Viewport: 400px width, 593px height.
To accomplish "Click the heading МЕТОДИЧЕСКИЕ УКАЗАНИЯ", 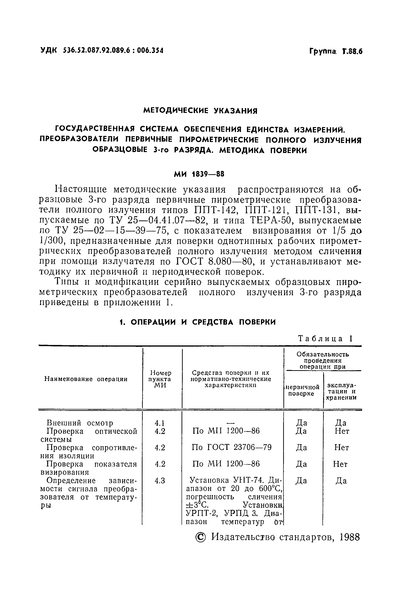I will tap(200, 111).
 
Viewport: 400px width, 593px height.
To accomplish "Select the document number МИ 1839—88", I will tap(199, 174).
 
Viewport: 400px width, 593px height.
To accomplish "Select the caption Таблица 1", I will tap(325, 339).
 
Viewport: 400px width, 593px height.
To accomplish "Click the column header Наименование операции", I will tap(86, 379).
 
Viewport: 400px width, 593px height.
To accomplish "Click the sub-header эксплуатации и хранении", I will tap(341, 391).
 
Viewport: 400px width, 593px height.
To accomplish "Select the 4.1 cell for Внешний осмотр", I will tap(160, 423).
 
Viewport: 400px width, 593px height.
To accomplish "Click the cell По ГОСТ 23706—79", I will tap(232, 447).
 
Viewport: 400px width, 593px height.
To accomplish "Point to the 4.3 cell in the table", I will tap(160, 481).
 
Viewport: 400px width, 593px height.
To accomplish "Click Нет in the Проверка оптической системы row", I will tap(342, 431).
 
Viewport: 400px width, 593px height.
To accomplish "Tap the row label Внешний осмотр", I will tap(80, 423).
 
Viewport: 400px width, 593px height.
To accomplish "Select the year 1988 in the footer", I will tap(350, 537).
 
